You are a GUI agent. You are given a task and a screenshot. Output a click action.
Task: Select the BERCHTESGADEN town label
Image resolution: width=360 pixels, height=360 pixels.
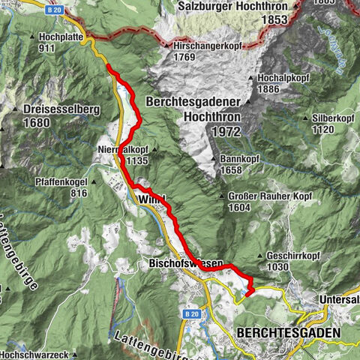(x=287, y=331)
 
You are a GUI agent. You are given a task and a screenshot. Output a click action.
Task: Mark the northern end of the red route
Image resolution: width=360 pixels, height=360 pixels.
(x=109, y=67)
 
